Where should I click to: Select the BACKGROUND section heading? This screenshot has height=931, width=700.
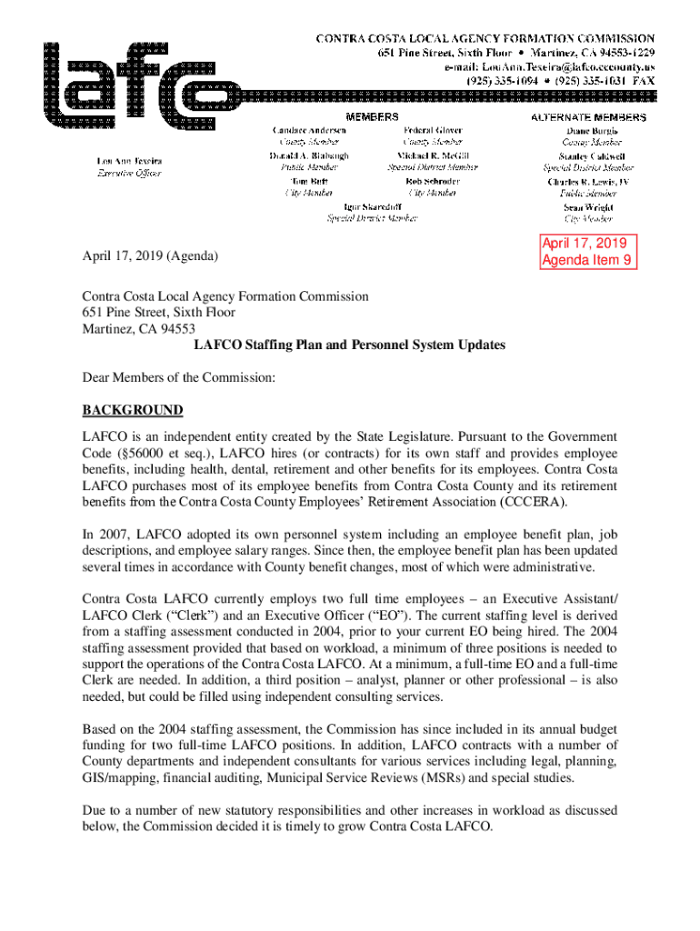132,410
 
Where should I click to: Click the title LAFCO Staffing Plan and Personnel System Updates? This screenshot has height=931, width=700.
349,345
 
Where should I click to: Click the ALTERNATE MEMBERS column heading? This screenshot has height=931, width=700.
588,117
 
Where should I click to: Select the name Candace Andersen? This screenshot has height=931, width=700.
309,131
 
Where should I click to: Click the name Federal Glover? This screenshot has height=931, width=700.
433,131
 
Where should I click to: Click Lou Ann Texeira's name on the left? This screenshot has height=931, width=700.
130,161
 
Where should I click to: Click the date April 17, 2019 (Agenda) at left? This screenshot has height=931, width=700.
150,257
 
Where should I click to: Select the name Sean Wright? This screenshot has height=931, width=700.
588,207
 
